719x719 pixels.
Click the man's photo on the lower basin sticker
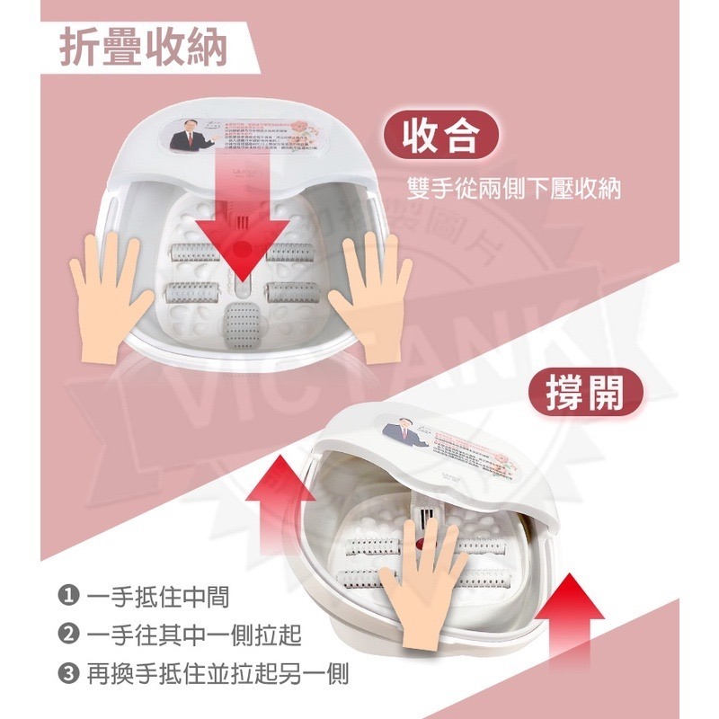tap(402, 435)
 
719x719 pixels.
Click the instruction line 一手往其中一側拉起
tap(195, 635)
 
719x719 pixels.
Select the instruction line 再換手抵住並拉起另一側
tap(218, 672)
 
